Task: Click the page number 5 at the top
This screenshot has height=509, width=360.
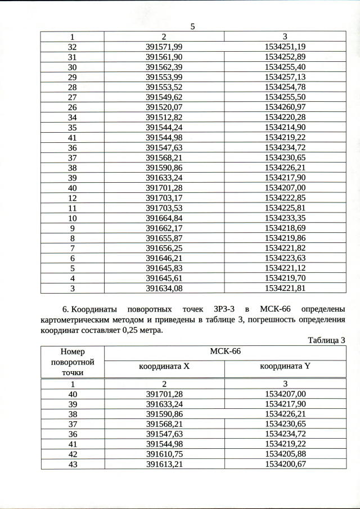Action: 192,26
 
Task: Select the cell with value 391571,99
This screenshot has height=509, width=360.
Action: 164,47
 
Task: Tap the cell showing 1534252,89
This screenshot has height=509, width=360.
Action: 285,57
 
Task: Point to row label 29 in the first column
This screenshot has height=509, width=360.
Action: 72,76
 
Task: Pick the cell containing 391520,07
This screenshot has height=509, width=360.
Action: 164,107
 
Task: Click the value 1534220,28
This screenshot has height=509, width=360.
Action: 285,117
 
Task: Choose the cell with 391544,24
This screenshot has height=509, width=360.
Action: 164,127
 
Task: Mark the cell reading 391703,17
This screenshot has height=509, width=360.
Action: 164,197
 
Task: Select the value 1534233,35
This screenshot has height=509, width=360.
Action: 285,218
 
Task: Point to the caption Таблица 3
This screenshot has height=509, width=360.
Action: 326,340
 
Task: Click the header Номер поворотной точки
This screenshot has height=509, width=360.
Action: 72,362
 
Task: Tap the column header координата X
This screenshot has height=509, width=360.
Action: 164,367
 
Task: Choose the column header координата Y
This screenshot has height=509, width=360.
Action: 285,367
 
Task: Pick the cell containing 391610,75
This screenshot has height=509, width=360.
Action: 164,454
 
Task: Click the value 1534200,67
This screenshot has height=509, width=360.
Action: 285,464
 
